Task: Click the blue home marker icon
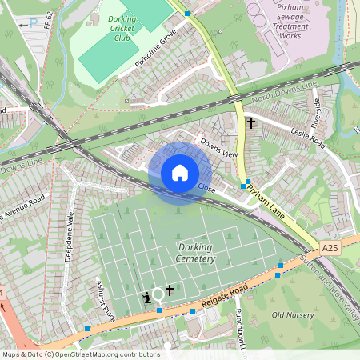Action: pos(180,173)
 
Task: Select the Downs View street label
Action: pos(219,147)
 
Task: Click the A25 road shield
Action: pos(331,250)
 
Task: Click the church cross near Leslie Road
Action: pos(251,123)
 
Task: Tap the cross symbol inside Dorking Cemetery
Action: pos(170,290)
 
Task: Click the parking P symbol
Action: pos(34,23)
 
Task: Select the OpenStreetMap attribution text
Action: pos(80,354)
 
